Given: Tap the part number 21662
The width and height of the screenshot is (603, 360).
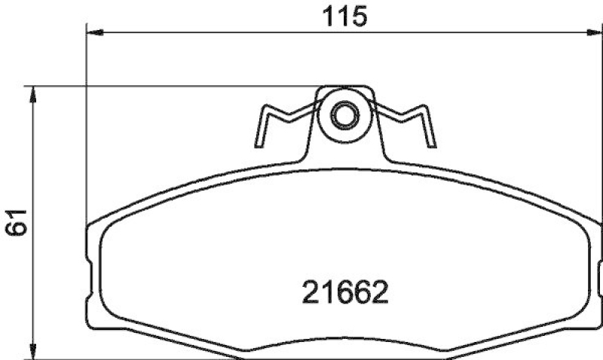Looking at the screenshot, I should [344, 291].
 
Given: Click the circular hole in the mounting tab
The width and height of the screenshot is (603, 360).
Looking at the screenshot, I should [344, 116].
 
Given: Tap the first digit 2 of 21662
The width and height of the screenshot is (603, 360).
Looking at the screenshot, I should [310, 291].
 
